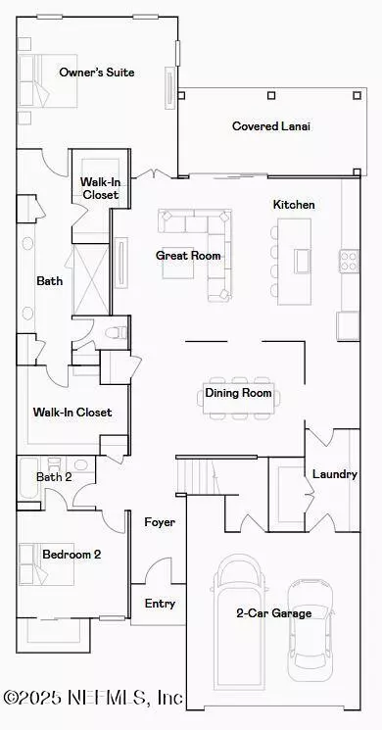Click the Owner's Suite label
(x=97, y=73)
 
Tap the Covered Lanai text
(x=271, y=126)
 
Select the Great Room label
(x=188, y=255)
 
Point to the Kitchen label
(x=294, y=205)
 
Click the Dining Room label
(x=238, y=393)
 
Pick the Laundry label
(x=335, y=474)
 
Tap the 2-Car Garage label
(x=273, y=612)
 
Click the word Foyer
(x=160, y=522)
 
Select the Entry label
(x=160, y=604)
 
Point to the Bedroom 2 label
(x=72, y=555)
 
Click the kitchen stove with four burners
(x=349, y=262)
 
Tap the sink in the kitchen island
(x=302, y=261)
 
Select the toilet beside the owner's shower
(x=116, y=332)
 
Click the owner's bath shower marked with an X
(x=91, y=279)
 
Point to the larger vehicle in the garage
(x=240, y=622)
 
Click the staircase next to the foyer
(x=200, y=476)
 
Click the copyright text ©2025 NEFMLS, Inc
(x=93, y=698)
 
